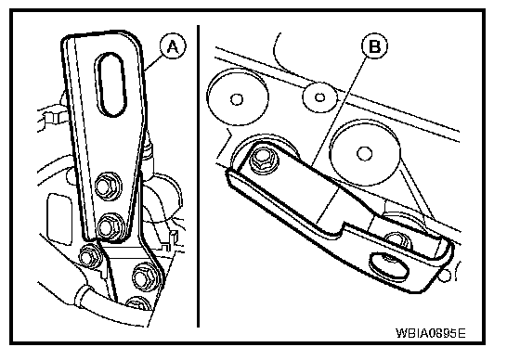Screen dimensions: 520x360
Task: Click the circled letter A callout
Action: pyautogui.click(x=173, y=46)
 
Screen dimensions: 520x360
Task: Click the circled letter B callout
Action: pyautogui.click(x=374, y=45)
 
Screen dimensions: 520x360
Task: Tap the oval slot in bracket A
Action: pyautogui.click(x=110, y=84)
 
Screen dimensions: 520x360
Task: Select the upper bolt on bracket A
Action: pyautogui.click(x=108, y=186)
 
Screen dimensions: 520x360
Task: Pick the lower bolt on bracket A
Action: pyautogui.click(x=110, y=226)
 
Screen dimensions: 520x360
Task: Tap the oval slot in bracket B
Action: pyautogui.click(x=389, y=266)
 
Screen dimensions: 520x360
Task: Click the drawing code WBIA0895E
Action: pyautogui.click(x=431, y=332)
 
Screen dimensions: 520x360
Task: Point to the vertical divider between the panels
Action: pyautogui.click(x=198, y=176)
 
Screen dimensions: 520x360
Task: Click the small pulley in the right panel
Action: pyautogui.click(x=319, y=97)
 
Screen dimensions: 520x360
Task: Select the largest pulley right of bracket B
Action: pyautogui.click(x=364, y=153)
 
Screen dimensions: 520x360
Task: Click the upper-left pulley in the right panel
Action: pyautogui.click(x=238, y=97)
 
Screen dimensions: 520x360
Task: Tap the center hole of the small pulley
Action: pyautogui.click(x=319, y=97)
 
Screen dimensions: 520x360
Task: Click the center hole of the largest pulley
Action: pyautogui.click(x=364, y=153)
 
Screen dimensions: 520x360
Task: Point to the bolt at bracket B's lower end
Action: pyautogui.click(x=397, y=241)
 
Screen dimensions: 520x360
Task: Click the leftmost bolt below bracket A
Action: pyautogui.click(x=89, y=256)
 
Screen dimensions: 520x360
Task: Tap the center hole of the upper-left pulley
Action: pyautogui.click(x=237, y=99)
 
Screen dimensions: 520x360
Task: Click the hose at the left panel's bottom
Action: pyautogui.click(x=110, y=306)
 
